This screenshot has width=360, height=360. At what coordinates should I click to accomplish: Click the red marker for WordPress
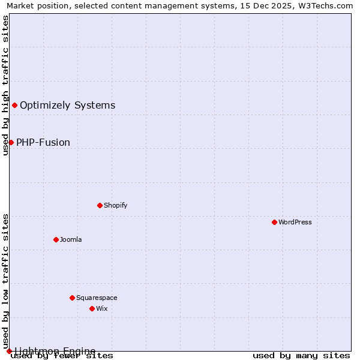tap(274, 222)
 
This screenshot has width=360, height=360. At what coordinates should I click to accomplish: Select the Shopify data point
tap(100, 205)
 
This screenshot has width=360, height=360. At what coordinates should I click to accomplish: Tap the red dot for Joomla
tap(56, 239)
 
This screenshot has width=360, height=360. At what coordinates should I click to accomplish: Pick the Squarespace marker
tap(72, 298)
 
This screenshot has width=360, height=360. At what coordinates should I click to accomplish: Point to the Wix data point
tap(92, 308)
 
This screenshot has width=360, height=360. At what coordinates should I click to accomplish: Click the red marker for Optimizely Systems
tap(14, 106)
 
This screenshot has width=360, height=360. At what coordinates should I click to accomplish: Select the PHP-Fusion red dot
tap(11, 142)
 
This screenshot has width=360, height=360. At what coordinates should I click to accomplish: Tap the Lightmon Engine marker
tap(9, 351)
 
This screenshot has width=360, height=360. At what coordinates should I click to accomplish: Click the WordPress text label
tap(295, 222)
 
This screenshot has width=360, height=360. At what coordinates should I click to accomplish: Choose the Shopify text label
tap(116, 205)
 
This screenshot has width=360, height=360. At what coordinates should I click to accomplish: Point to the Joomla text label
tap(71, 239)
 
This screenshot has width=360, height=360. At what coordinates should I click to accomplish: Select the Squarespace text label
tap(97, 298)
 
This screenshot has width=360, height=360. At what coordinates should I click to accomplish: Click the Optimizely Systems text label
tap(68, 106)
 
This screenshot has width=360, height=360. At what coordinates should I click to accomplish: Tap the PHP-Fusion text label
tap(43, 143)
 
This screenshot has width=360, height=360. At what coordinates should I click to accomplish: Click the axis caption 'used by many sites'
tap(301, 356)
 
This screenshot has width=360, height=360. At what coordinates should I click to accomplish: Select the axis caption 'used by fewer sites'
tap(62, 356)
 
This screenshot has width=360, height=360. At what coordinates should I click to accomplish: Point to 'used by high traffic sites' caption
tap(5, 85)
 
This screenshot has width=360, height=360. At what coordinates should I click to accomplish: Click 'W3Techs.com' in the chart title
tap(327, 5)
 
